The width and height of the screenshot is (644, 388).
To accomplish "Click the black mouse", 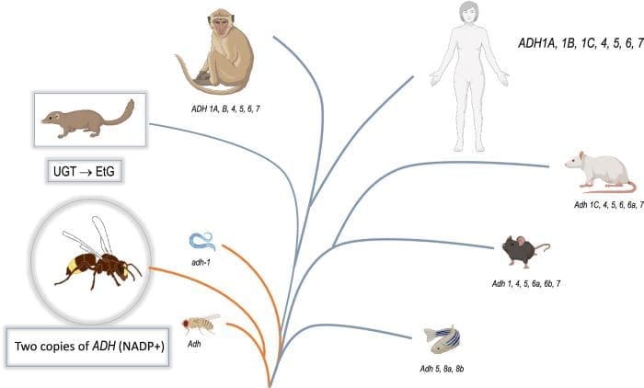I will [x=521, y=250].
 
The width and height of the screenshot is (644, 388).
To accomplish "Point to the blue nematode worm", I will [x=201, y=241].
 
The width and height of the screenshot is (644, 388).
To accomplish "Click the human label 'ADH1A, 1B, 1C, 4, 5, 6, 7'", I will [x=580, y=42].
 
